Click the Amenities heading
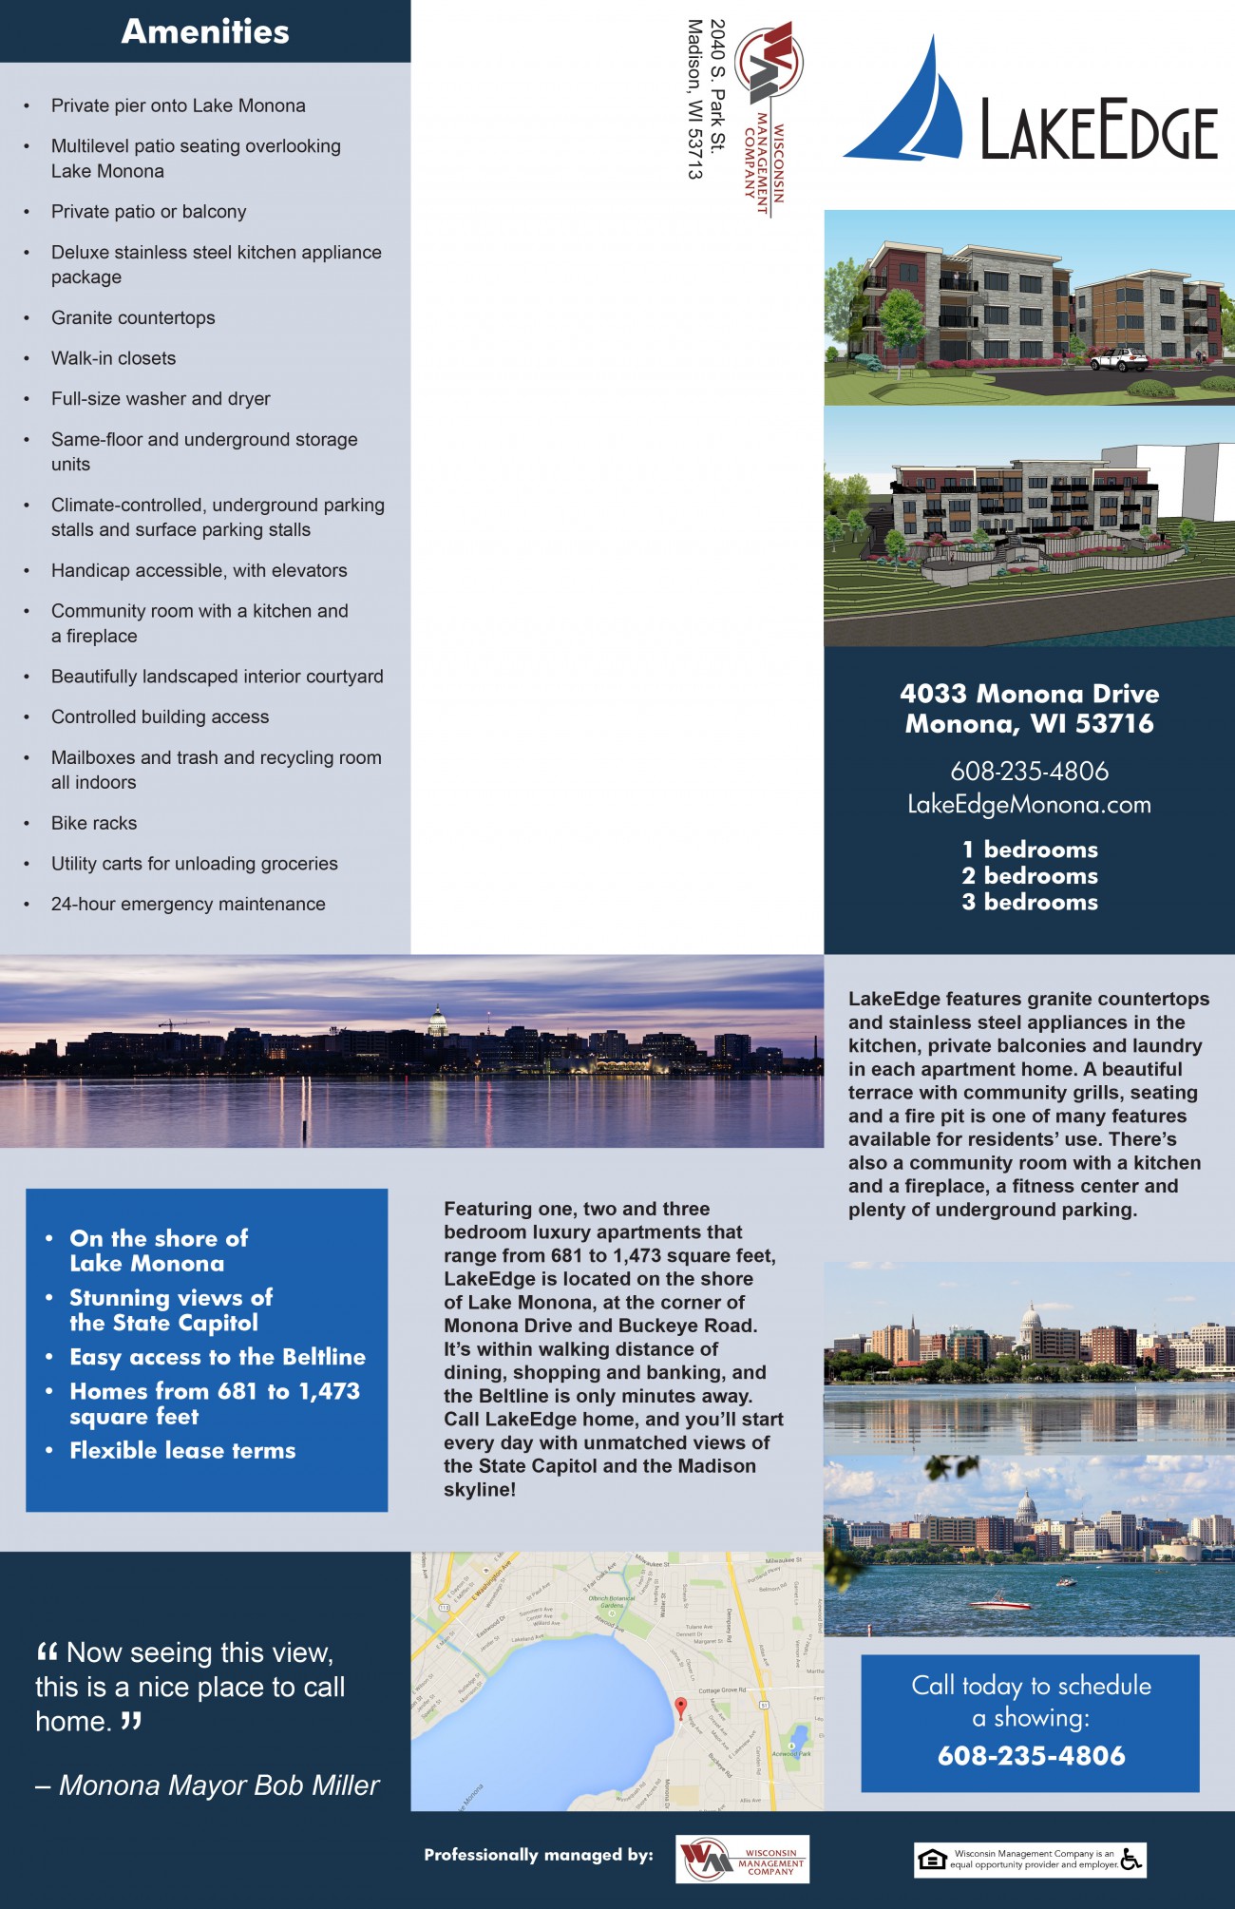coord(205,31)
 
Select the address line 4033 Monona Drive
coord(1029,694)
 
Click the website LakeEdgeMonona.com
coord(1029,805)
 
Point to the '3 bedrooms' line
coord(1029,902)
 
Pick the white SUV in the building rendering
coord(1119,359)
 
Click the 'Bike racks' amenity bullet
coord(94,823)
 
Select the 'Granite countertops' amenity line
coord(133,317)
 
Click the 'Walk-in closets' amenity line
coord(113,358)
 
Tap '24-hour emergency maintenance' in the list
coord(188,904)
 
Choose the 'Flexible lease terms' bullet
coord(182,1450)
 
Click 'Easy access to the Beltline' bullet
coord(218,1357)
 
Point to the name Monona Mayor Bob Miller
coord(218,1785)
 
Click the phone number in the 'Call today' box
coord(1031,1755)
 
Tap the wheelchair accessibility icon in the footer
coord(1130,1859)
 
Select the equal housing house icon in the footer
coord(933,1860)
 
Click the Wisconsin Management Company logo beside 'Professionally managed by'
coord(742,1859)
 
